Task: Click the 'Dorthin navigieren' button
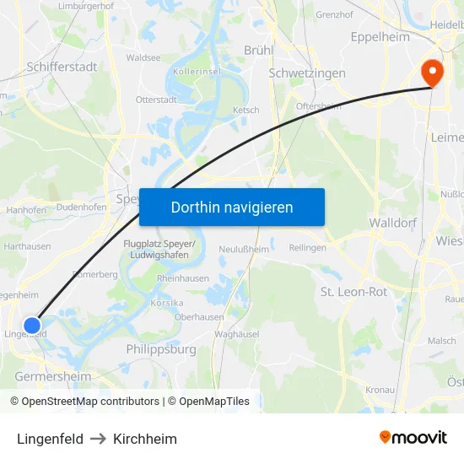pos(231,207)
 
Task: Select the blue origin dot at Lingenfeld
pos(32,325)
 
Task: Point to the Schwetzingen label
pos(307,73)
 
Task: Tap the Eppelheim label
pos(380,37)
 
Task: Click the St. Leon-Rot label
pos(353,292)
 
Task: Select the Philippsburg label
pos(160,348)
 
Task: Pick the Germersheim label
pos(52,376)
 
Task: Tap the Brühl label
pos(258,50)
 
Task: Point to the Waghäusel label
pos(235,334)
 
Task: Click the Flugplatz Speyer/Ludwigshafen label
pos(159,250)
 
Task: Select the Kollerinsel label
pos(197,73)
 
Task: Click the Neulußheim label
pos(244,249)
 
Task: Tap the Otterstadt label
pos(156,100)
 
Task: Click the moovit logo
pos(413,437)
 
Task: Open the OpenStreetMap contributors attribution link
pos(90,402)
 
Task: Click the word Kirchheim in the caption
pos(145,439)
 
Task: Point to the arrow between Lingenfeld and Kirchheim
pos(98,439)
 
